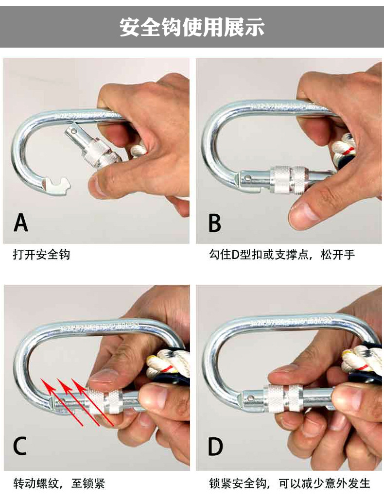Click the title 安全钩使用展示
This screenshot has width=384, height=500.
(x=192, y=27)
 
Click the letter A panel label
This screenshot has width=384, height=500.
(x=21, y=222)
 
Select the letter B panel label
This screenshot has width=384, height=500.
(x=214, y=223)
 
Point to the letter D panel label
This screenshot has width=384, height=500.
(x=215, y=447)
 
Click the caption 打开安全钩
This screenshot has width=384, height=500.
(x=41, y=255)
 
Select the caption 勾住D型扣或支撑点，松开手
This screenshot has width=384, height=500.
(x=282, y=255)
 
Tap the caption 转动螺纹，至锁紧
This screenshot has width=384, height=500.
(x=59, y=483)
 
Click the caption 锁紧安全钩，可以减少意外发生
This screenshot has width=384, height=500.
(x=290, y=483)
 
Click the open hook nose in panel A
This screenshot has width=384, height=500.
(x=57, y=185)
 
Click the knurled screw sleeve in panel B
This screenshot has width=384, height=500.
(x=289, y=179)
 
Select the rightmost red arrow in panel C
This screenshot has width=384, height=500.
(x=92, y=402)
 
